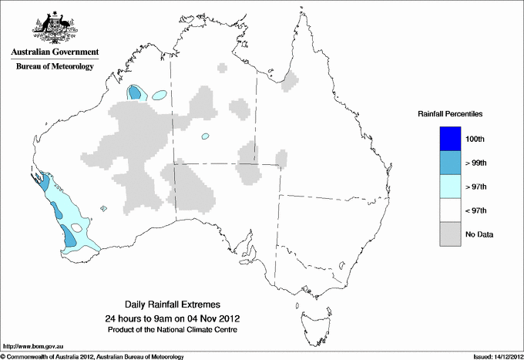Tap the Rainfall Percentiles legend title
(x=450, y=113)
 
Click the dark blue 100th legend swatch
(x=449, y=139)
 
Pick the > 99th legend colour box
(x=449, y=163)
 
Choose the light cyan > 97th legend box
(x=449, y=187)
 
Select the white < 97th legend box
(x=449, y=210)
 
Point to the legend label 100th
(x=475, y=139)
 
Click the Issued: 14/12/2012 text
(x=492, y=356)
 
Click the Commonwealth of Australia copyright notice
(x=92, y=356)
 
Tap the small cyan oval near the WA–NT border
(x=206, y=136)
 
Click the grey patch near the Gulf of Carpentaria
(x=291, y=79)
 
